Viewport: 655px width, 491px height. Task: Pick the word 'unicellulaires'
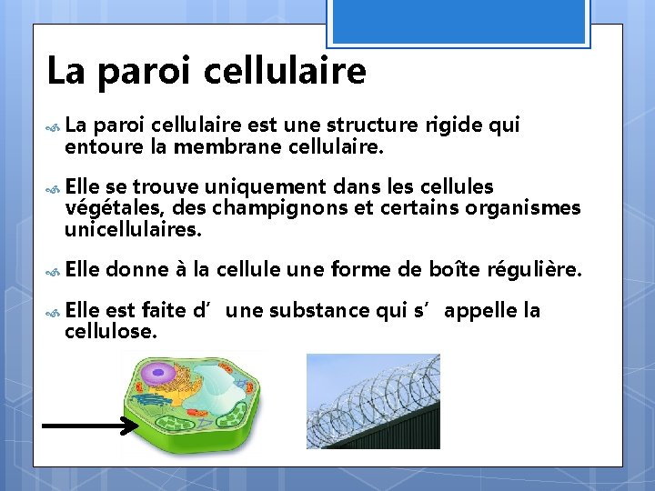(x=131, y=229)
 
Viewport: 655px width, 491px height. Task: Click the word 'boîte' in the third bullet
(x=454, y=270)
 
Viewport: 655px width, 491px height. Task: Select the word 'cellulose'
(x=109, y=332)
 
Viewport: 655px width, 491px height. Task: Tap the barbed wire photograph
(x=373, y=401)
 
